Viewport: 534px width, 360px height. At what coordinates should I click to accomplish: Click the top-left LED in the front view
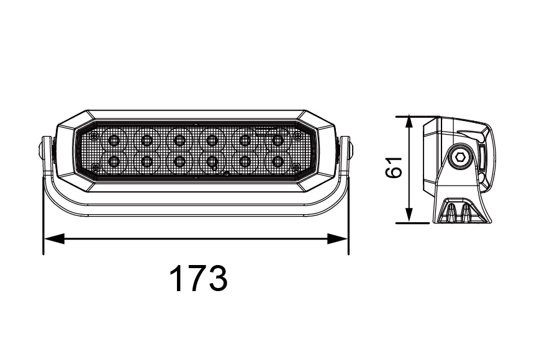coord(114,138)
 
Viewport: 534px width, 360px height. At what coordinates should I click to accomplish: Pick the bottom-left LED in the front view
coord(114,162)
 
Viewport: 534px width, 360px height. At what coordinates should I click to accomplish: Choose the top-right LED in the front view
coord(278,138)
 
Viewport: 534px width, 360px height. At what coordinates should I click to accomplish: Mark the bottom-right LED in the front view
coord(278,162)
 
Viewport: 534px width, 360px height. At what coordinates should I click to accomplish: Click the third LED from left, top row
coord(179,138)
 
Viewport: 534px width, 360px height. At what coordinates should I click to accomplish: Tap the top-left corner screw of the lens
coord(94,135)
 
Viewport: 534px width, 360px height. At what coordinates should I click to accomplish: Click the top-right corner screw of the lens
coord(297,135)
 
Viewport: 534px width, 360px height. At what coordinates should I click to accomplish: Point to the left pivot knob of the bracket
coord(41,150)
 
